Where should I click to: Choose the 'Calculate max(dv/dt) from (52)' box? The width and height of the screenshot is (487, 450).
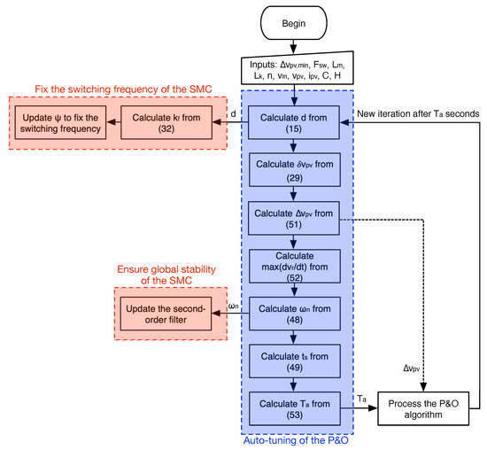pos(292,265)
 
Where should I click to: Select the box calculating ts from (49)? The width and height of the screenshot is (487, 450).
pos(292,361)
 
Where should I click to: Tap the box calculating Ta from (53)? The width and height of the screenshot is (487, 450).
pos(292,407)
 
